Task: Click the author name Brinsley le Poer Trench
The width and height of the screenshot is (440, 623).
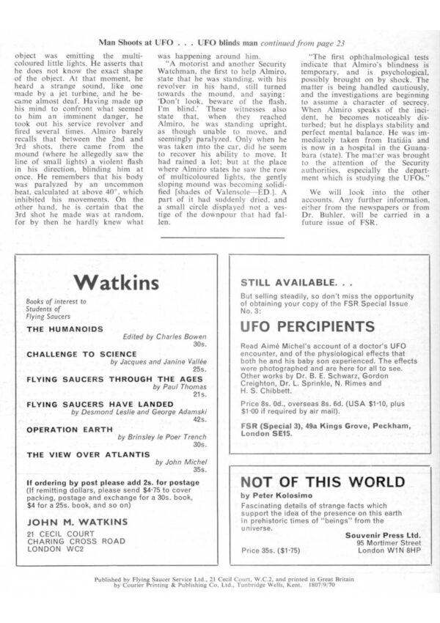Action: pyautogui.click(x=163, y=436)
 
